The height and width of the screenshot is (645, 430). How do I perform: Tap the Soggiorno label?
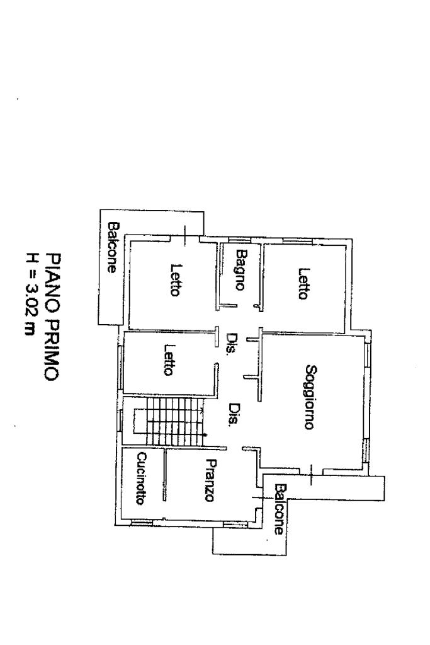(x=308, y=397)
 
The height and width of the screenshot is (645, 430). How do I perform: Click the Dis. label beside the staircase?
(x=233, y=415)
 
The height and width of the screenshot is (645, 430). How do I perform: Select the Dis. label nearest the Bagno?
(x=232, y=341)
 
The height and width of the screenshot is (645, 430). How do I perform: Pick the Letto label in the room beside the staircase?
(x=169, y=359)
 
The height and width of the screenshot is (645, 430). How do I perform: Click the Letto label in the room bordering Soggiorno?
(x=303, y=284)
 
